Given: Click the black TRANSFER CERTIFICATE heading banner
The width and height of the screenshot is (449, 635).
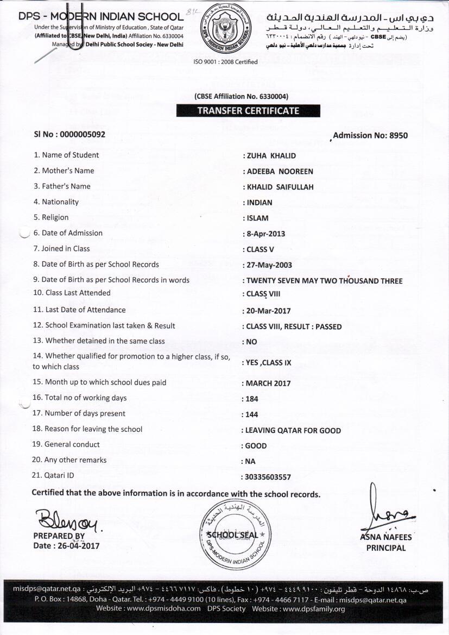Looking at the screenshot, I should click(248, 111).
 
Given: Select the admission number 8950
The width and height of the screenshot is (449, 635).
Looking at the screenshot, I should click(398, 135).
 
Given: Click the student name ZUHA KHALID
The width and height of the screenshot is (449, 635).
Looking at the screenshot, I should click(271, 155).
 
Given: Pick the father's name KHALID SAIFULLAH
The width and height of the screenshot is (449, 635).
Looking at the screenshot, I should click(280, 187).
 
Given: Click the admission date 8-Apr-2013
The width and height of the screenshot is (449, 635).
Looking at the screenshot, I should click(265, 234).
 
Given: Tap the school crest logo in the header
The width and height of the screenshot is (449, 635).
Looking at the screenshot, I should click(225, 30).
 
